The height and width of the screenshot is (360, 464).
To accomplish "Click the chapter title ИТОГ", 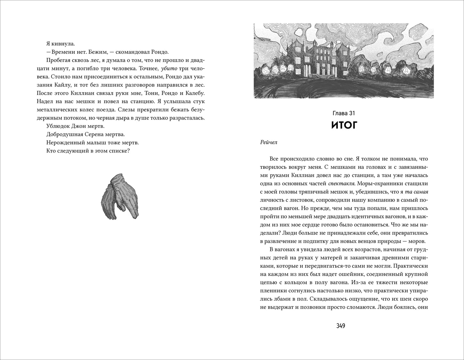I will click(x=344, y=125).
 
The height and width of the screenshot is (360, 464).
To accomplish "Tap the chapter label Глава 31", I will click(x=344, y=113).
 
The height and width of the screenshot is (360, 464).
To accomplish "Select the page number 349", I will click(x=340, y=326).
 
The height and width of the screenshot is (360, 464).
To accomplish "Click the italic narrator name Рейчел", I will click(x=268, y=142).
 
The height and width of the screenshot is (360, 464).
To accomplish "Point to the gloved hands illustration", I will click(x=119, y=197).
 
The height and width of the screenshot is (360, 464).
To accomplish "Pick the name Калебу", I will click(x=194, y=93).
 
